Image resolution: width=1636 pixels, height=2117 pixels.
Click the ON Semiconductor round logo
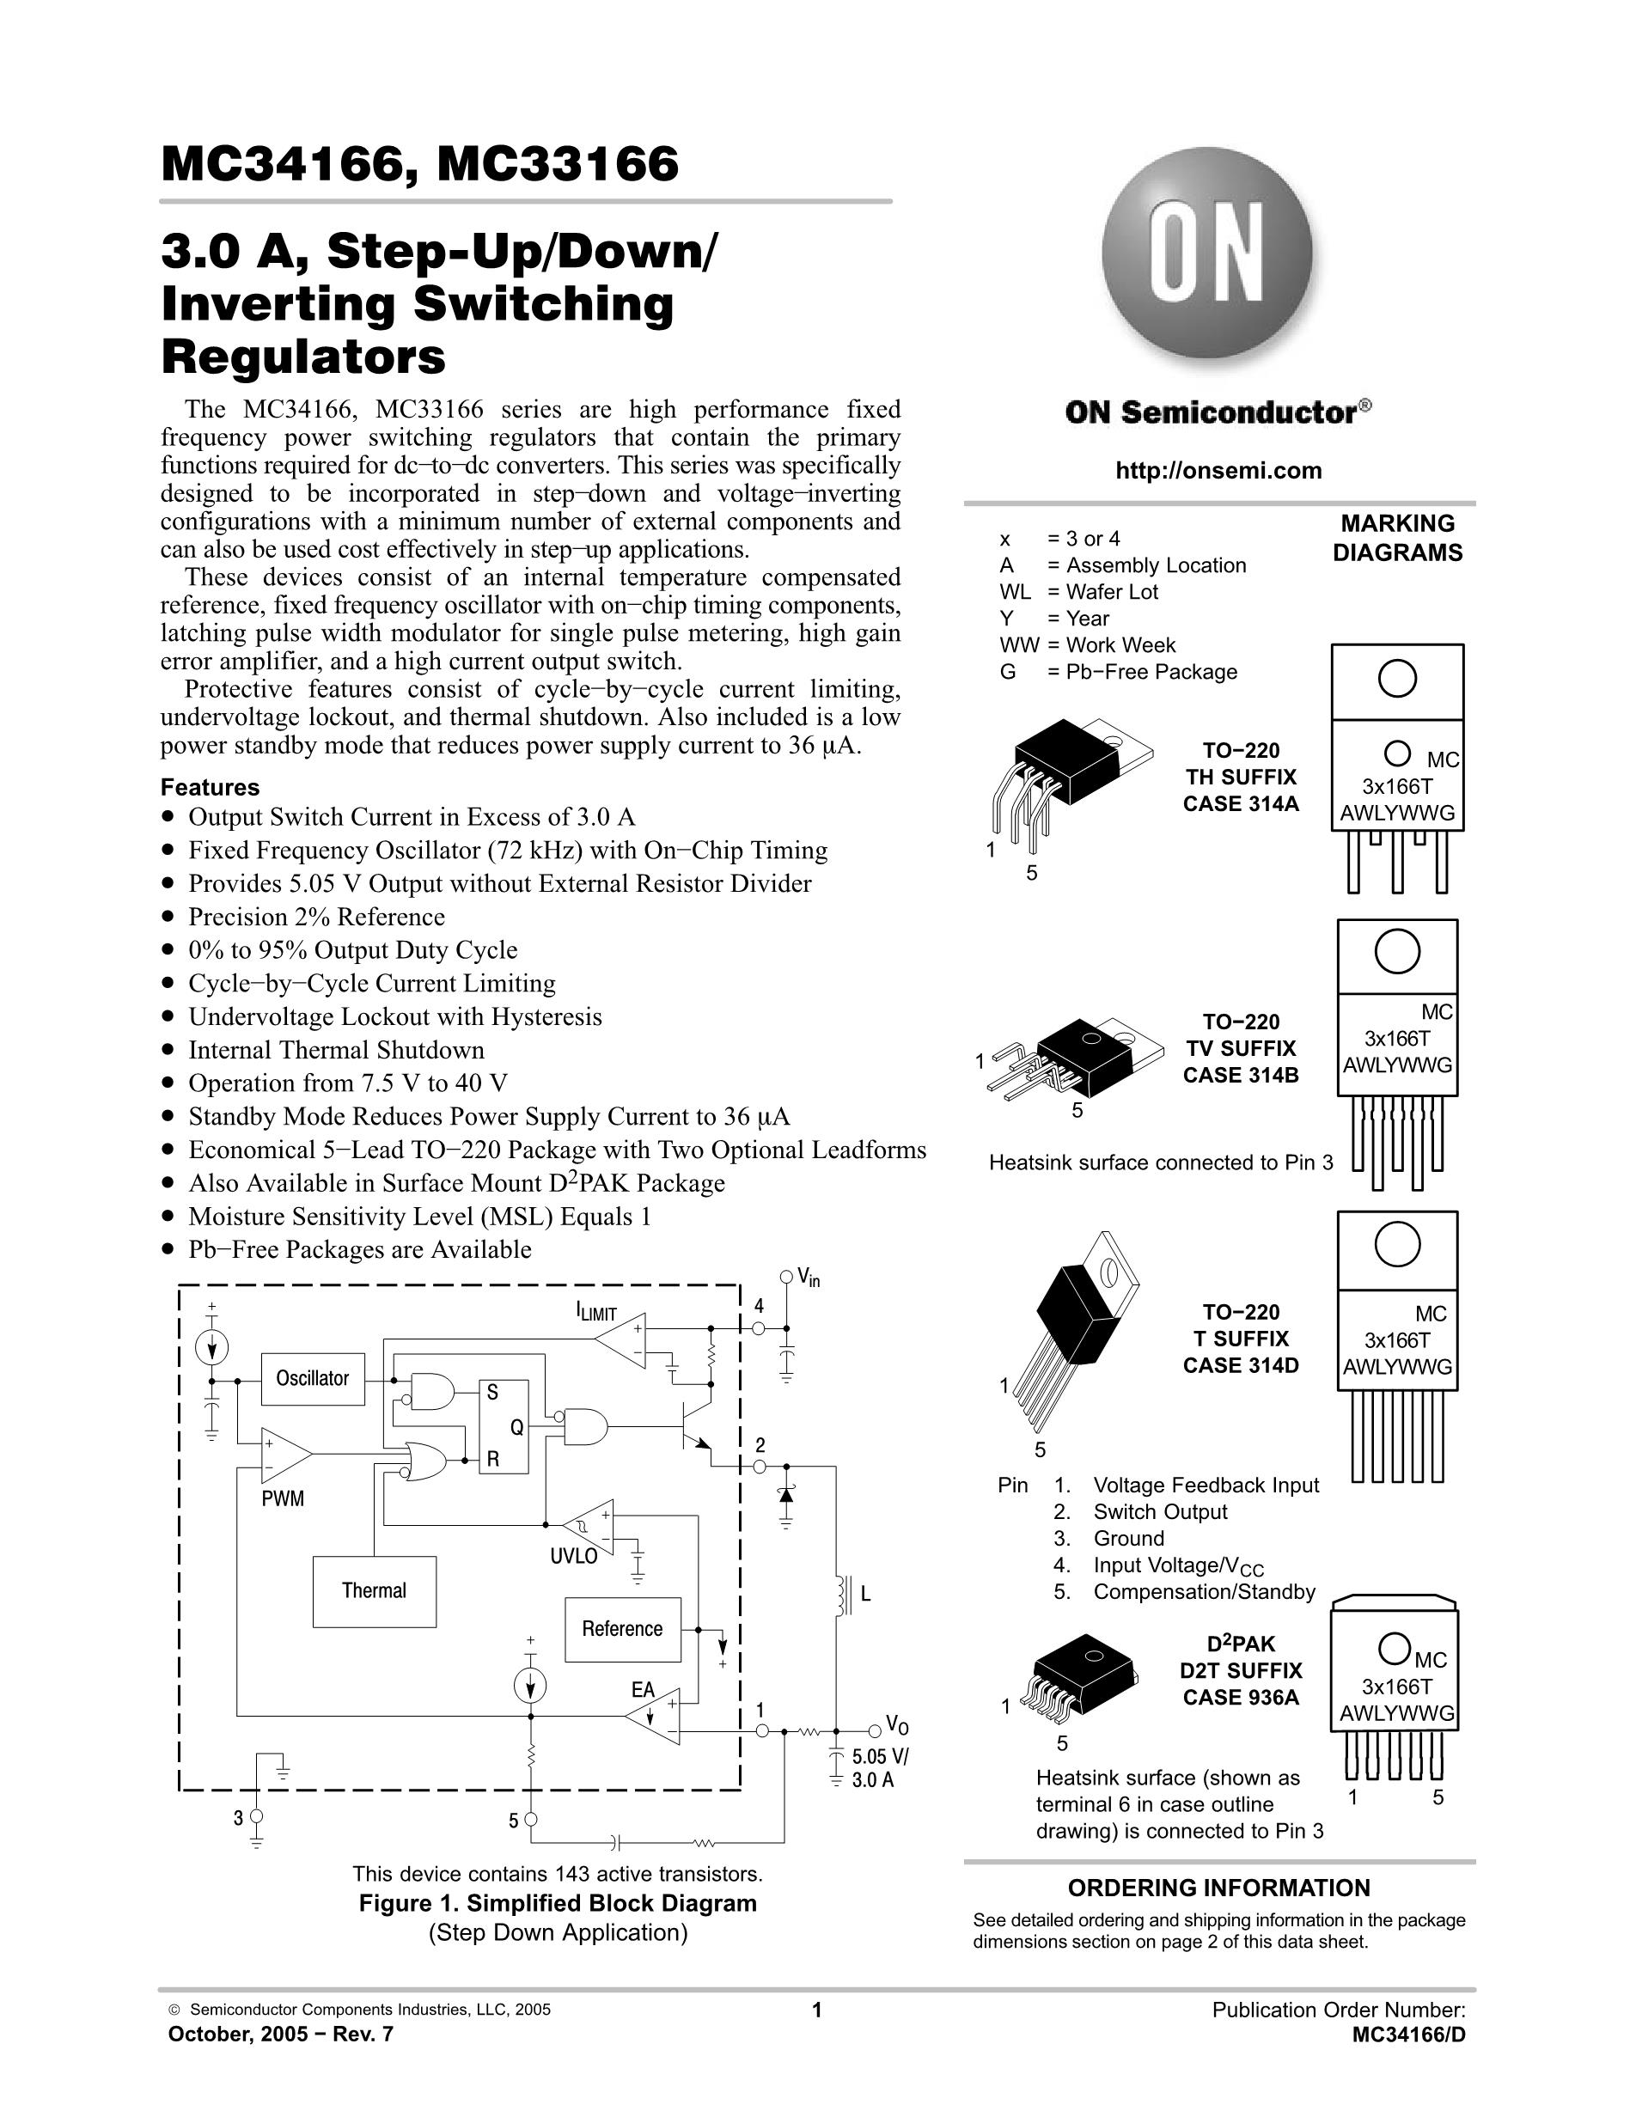tap(1207, 254)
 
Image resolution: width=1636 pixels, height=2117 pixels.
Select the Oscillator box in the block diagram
tap(312, 1378)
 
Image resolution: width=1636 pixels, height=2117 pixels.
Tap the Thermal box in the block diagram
tap(374, 1590)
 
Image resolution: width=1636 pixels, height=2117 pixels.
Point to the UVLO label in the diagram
tap(574, 1557)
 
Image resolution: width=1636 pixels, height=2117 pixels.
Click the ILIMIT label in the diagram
tap(596, 1313)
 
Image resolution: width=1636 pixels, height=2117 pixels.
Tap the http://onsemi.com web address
tap(1218, 471)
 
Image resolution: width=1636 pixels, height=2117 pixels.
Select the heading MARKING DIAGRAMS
tap(1398, 538)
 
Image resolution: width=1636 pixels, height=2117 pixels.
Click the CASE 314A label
tap(1241, 803)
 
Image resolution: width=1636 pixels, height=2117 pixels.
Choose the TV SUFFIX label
tap(1241, 1048)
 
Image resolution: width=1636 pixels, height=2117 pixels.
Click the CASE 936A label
tap(1241, 1697)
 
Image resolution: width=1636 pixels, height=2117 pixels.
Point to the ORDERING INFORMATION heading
tap(1218, 1888)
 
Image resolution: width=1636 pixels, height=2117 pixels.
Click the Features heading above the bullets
tap(210, 787)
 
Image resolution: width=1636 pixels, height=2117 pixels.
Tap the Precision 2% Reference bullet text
tap(316, 917)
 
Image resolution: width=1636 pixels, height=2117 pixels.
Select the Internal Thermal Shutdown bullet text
tap(335, 1050)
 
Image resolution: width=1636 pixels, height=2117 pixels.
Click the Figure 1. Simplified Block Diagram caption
tap(558, 1903)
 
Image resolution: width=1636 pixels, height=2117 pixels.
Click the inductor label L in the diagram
tap(865, 1594)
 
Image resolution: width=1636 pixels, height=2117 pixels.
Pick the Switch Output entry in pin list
tap(1159, 1512)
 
